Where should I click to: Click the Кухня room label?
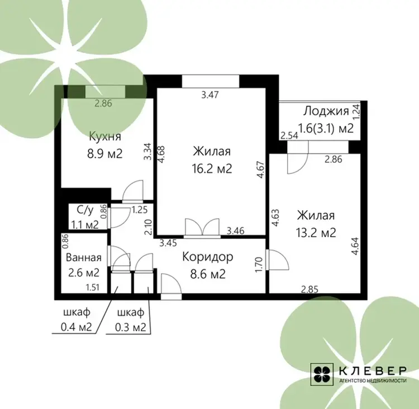(105, 137)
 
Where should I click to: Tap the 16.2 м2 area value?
(212, 169)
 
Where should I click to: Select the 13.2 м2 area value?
(316, 233)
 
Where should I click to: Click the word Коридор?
(208, 257)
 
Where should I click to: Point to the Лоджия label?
(326, 111)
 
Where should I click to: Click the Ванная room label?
(84, 257)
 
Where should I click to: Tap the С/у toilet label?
(85, 210)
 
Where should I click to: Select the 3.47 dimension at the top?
(210, 95)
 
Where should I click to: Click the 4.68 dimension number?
(161, 154)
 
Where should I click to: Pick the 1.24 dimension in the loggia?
(356, 112)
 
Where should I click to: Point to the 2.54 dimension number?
(289, 136)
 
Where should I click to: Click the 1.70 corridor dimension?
(259, 265)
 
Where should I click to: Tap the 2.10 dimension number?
(148, 227)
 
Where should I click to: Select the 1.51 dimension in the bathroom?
(92, 288)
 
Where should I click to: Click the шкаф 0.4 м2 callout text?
(77, 319)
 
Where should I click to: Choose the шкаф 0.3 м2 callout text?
(131, 319)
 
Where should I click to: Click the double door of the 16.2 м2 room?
(202, 228)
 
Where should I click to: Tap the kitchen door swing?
(133, 191)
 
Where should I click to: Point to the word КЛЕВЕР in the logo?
(373, 371)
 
